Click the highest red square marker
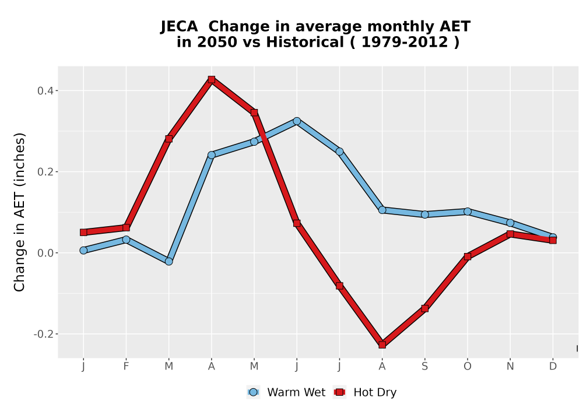tap(212, 79)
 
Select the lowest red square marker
tap(382, 344)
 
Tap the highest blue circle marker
tap(297, 121)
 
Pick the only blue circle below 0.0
tap(169, 262)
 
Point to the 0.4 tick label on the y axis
tap(45, 91)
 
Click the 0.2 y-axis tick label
tap(45, 172)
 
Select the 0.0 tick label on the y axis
tap(45, 253)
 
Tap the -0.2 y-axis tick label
tap(43, 334)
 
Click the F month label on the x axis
tap(126, 367)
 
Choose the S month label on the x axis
tap(425, 367)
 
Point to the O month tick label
tap(468, 367)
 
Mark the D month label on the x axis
tap(553, 367)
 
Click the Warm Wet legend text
tap(296, 392)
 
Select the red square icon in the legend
tap(339, 392)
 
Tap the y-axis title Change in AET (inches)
tap(19, 212)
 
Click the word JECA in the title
tap(179, 27)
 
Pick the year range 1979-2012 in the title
tap(405, 42)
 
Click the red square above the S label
tap(425, 308)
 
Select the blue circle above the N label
tap(510, 223)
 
